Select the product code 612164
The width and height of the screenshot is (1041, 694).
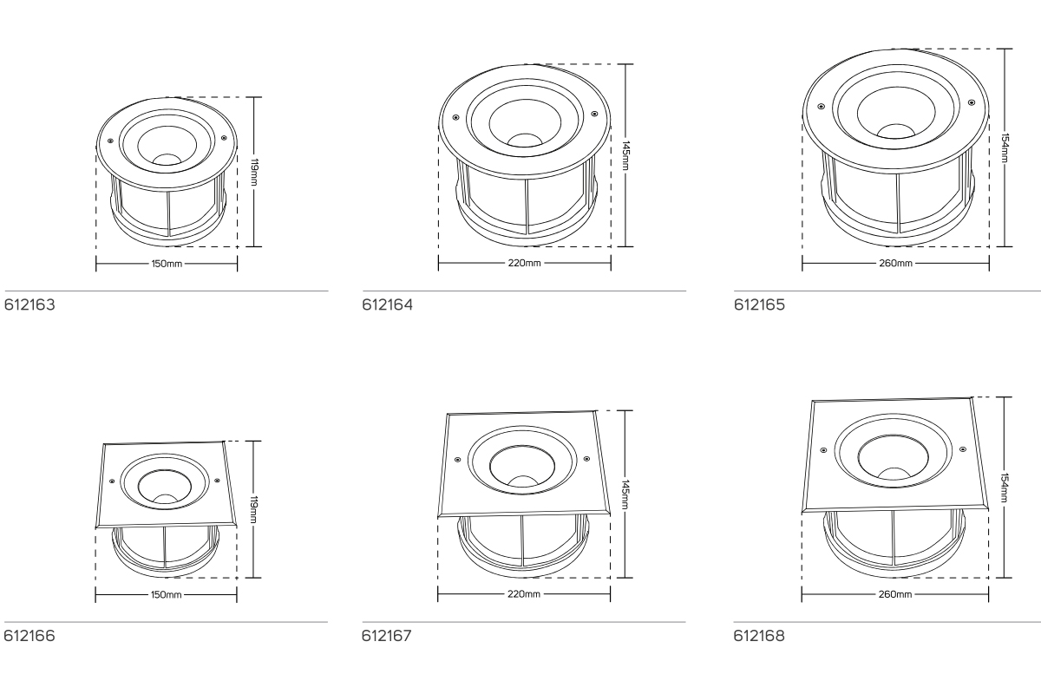tap(386, 305)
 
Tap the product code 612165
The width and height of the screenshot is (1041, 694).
tap(759, 305)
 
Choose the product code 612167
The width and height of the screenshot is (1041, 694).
tap(386, 637)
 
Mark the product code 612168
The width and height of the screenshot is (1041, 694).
tap(759, 637)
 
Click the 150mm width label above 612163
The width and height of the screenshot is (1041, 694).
tap(166, 263)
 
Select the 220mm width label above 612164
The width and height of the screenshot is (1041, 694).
tap(524, 263)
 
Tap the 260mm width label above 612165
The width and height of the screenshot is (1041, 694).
tap(895, 263)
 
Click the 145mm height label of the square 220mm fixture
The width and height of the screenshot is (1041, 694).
tap(625, 494)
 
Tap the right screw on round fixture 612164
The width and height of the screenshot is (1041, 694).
tap(594, 113)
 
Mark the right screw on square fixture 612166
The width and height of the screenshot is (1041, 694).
tap(217, 480)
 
